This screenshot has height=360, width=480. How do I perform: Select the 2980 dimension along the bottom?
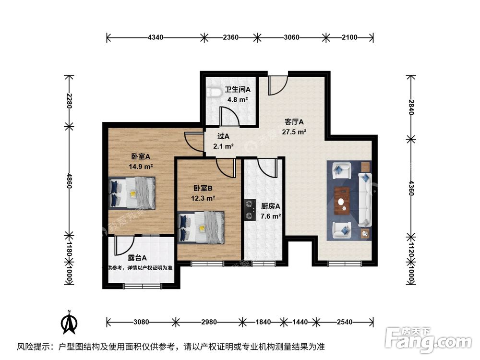click(209, 322)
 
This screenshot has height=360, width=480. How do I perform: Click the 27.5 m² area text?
click(295, 132)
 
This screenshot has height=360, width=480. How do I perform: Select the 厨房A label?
click(270, 206)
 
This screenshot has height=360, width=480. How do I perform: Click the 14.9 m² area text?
click(141, 167)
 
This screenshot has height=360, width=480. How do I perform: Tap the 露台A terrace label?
click(137, 258)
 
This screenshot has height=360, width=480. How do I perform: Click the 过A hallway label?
click(223, 136)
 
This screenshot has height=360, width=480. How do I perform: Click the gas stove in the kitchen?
click(249, 210)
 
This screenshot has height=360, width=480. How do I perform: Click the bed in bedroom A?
click(132, 192)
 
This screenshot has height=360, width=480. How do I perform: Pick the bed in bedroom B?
click(201, 227)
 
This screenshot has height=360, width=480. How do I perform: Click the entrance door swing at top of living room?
click(277, 85)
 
